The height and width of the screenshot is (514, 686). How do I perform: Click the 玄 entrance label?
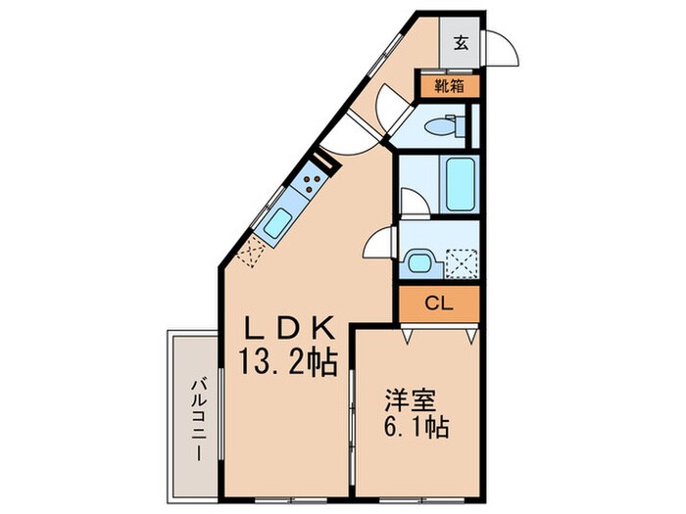(x=462, y=42)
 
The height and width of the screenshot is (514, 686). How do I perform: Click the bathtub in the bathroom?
(x=460, y=182)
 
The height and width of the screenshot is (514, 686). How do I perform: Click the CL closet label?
(x=438, y=304)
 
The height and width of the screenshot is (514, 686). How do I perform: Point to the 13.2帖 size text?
(x=289, y=363)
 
